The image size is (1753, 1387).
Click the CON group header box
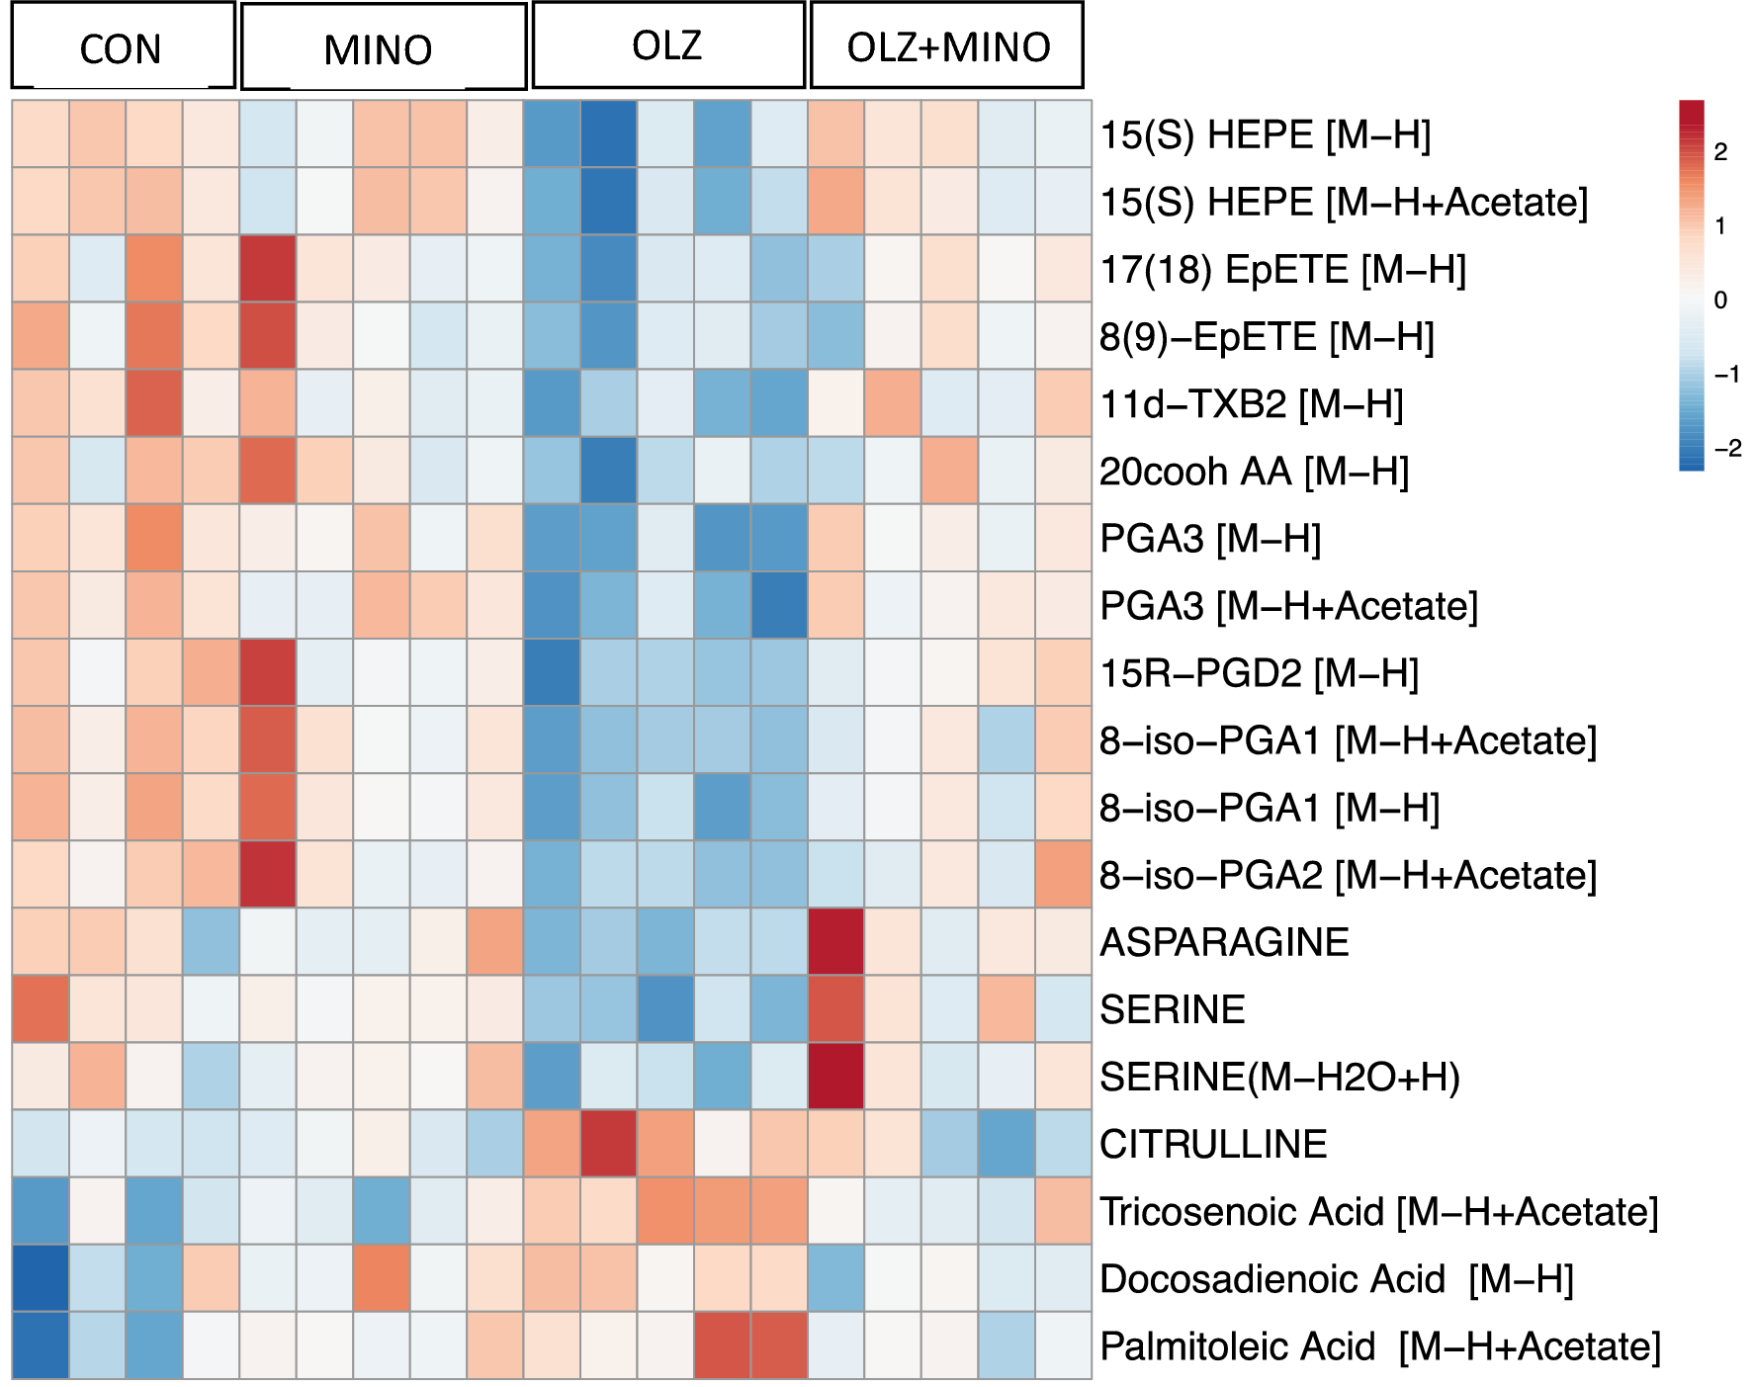click(x=123, y=46)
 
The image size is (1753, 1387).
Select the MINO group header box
click(x=383, y=47)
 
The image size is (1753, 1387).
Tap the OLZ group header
click(x=668, y=45)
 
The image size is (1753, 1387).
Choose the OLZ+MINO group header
click(x=946, y=45)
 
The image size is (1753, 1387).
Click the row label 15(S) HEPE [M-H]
click(x=1265, y=135)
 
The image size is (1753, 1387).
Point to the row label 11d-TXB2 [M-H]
click(x=1251, y=404)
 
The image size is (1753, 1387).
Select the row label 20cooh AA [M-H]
click(x=1253, y=472)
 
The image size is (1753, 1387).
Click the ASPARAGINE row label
click(x=1223, y=942)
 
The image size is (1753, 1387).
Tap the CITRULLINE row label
click(x=1212, y=1144)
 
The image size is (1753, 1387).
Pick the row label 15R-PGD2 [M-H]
click(x=1259, y=673)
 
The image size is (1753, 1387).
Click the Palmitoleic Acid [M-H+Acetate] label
click(x=1379, y=1346)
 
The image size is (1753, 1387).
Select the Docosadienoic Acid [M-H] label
click(x=1336, y=1279)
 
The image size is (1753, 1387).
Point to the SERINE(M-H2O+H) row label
click(x=1279, y=1077)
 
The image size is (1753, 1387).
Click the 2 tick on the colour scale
click(x=1720, y=151)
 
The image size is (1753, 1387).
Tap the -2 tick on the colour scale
click(x=1726, y=448)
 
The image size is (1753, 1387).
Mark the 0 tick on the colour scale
click(x=1720, y=300)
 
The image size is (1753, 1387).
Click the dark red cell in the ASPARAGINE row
click(x=835, y=942)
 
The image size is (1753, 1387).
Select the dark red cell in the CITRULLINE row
click(x=608, y=1144)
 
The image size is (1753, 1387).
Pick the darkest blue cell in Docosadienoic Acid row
click(x=41, y=1278)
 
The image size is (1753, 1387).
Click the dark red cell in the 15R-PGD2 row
click(x=268, y=673)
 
